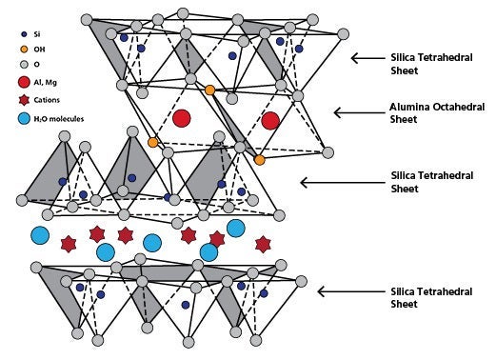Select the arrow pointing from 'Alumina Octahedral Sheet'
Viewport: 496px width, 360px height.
[353, 112]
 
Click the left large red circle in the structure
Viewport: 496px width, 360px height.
[182, 119]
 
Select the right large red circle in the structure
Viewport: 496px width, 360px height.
[270, 121]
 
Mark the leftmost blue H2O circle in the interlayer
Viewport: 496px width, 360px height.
[41, 235]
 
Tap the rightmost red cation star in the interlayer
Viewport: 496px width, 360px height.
[263, 245]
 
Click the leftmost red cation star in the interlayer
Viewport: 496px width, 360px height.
[68, 245]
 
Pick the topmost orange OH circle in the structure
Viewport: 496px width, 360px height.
[209, 90]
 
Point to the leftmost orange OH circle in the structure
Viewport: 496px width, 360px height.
[152, 143]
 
